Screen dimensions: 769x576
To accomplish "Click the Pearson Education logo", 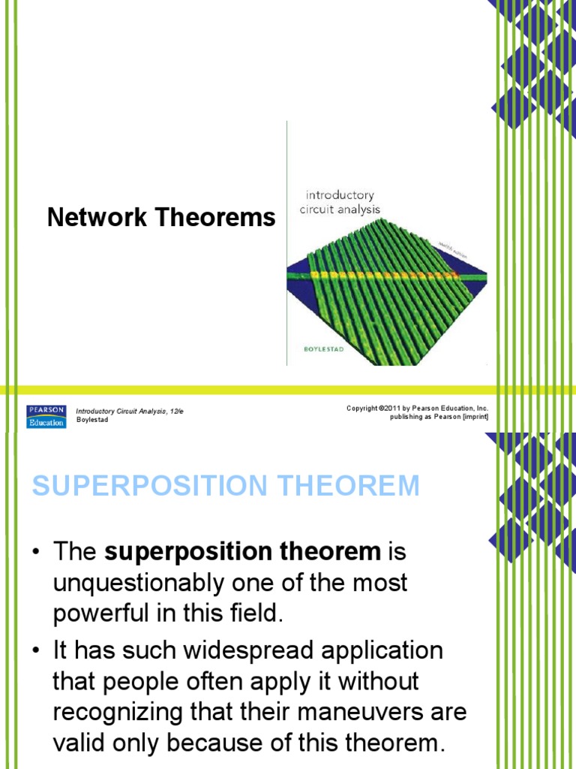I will point(46,416).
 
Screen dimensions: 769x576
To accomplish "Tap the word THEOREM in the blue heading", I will point(346,486).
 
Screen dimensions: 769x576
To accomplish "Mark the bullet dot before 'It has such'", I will point(36,650).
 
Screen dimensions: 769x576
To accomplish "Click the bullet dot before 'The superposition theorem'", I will point(36,552).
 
